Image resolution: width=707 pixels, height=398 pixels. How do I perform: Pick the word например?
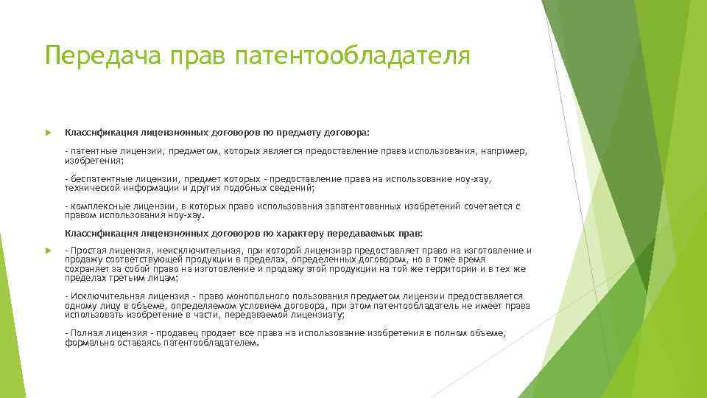503,150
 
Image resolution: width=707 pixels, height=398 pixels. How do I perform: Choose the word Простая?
87,251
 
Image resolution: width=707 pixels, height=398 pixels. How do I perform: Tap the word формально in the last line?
87,342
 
